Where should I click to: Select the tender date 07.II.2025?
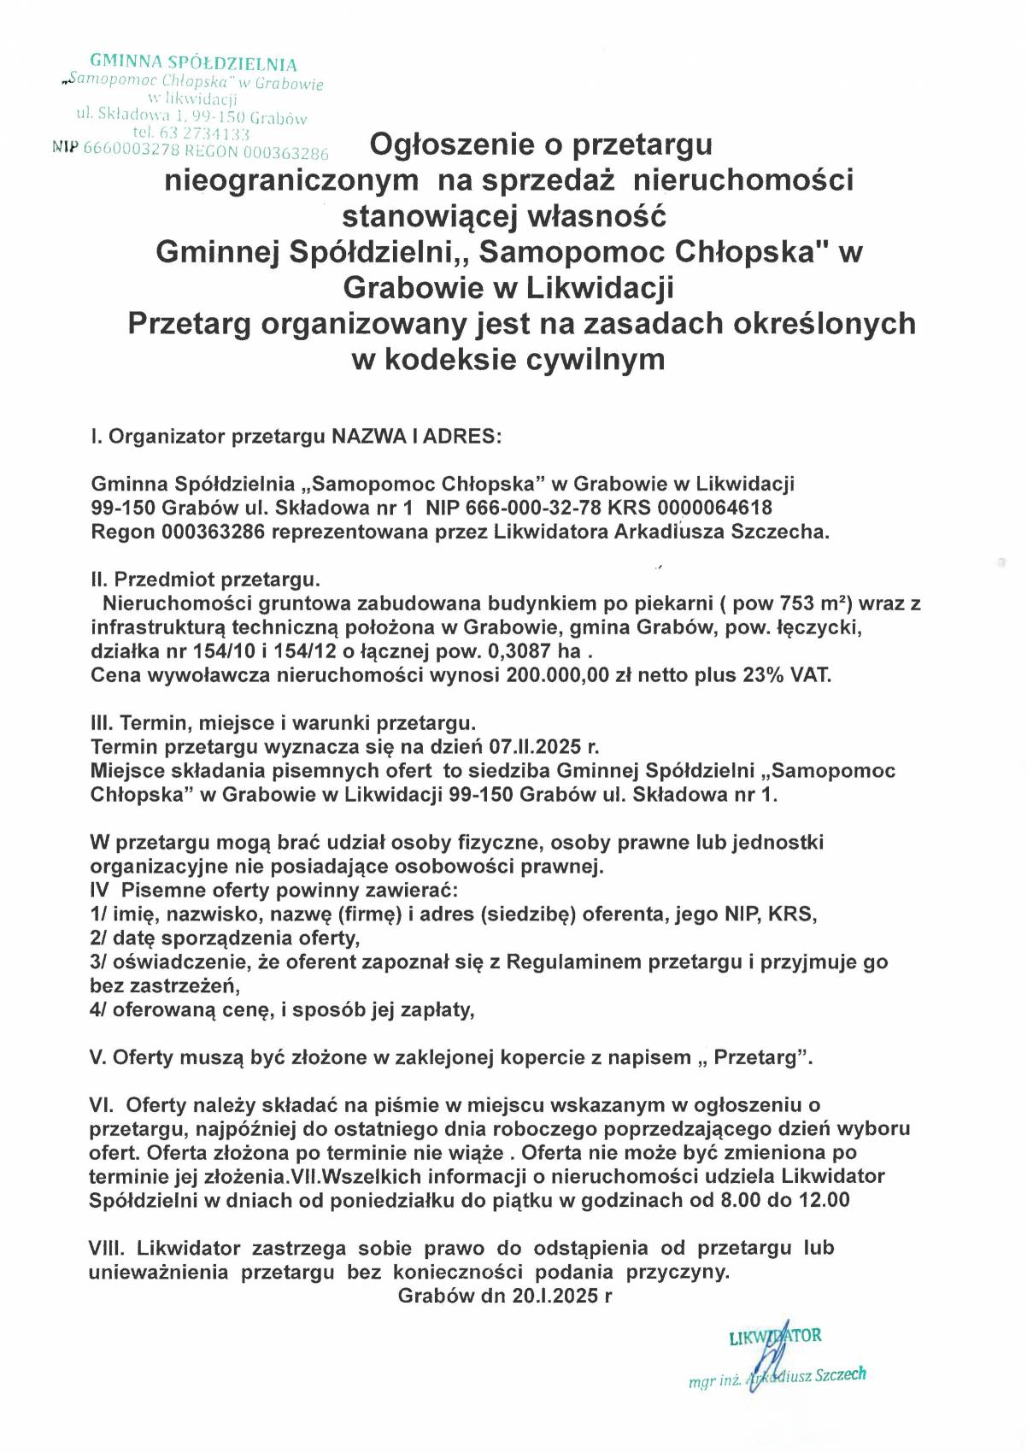(547, 746)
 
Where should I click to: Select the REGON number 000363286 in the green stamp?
(285, 154)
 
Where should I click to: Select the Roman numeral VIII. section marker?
(106, 1249)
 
